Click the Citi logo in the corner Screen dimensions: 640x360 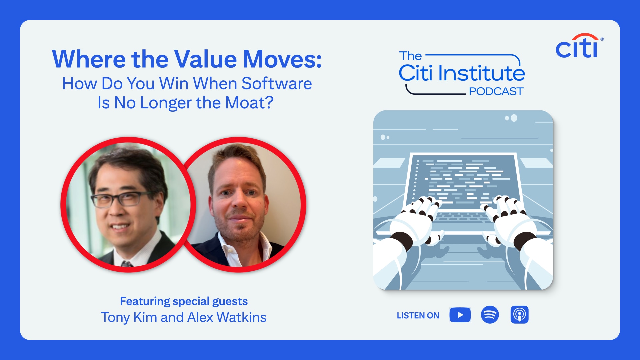pyautogui.click(x=579, y=46)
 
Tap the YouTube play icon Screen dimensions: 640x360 pyautogui.click(x=460, y=315)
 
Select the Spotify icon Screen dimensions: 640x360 pyautogui.click(x=490, y=315)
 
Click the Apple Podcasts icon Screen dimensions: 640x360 pyautogui.click(x=519, y=315)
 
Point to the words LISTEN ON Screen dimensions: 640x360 pyautogui.click(x=418, y=315)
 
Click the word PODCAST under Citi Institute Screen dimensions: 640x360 pyautogui.click(x=496, y=91)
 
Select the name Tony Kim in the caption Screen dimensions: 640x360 pyautogui.click(x=129, y=317)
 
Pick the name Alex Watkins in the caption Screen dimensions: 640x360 pyautogui.click(x=227, y=317)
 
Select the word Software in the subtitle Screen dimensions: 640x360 pyautogui.click(x=277, y=83)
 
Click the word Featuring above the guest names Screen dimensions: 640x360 pyautogui.click(x=145, y=301)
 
